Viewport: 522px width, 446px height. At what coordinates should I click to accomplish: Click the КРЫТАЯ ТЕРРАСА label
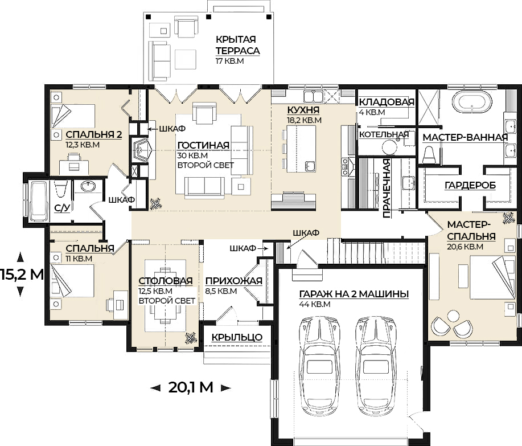tap(238, 45)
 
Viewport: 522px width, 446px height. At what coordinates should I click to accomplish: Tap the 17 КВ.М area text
tap(230, 61)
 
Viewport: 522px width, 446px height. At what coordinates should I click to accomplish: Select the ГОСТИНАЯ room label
tap(203, 145)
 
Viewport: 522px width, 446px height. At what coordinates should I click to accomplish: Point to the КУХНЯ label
tap(303, 110)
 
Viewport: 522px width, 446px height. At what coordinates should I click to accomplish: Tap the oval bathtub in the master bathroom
tap(472, 103)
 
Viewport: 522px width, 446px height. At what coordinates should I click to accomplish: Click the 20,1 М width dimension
tap(191, 387)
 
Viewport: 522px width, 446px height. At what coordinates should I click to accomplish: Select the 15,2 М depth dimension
tap(22, 274)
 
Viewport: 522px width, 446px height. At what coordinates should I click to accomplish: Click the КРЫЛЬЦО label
tap(237, 337)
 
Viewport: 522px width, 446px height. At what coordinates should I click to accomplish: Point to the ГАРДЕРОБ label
tap(470, 185)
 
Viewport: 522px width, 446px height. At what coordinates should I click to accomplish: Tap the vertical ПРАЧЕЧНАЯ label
tap(386, 189)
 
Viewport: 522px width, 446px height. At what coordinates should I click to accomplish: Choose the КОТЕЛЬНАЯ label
tap(384, 134)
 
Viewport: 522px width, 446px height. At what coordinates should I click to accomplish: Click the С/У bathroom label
tap(62, 208)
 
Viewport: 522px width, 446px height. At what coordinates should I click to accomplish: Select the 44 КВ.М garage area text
tap(315, 304)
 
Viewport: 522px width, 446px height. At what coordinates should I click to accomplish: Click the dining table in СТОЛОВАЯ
tap(165, 296)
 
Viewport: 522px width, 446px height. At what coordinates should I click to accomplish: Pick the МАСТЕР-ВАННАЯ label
tap(465, 137)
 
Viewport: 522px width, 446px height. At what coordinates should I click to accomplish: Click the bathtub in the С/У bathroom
tap(39, 201)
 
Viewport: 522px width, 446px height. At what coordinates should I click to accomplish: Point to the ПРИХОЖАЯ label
tap(234, 281)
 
